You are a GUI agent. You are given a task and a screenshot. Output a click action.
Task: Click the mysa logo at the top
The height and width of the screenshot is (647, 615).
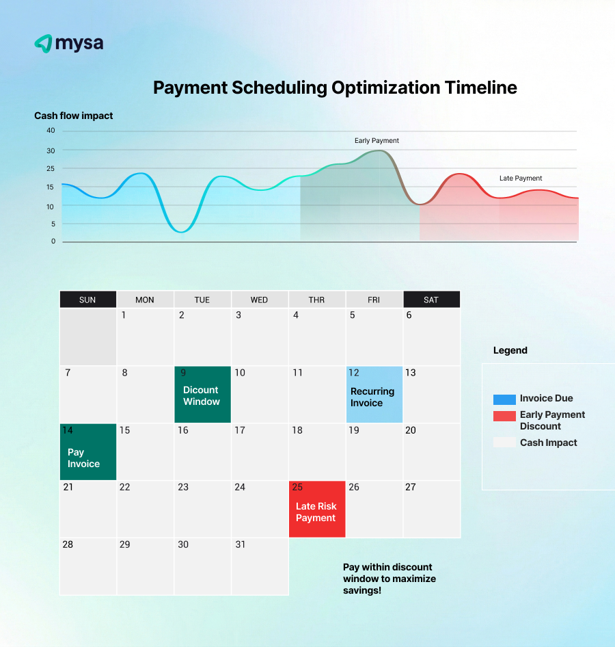(x=68, y=44)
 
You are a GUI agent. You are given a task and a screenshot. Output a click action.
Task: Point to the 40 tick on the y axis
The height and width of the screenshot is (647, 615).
(x=51, y=131)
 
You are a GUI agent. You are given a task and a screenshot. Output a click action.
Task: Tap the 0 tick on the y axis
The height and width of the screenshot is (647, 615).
(x=53, y=241)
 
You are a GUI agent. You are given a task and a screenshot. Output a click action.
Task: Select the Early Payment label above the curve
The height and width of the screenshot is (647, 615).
(x=377, y=141)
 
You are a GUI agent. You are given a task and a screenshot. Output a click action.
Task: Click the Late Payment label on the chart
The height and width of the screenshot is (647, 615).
(x=521, y=179)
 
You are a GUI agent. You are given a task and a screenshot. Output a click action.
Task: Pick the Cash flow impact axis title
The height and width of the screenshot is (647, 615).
(x=74, y=116)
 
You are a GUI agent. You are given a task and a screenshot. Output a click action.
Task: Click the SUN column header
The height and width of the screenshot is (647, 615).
(x=87, y=300)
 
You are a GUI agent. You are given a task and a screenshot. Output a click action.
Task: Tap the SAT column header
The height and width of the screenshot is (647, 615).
(x=431, y=300)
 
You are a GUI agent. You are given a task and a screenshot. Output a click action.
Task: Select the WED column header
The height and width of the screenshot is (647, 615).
(x=259, y=300)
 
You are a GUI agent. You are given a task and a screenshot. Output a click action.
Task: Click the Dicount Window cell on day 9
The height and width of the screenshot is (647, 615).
(x=202, y=395)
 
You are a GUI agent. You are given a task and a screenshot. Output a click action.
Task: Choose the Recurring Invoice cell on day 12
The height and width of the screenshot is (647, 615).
(x=374, y=395)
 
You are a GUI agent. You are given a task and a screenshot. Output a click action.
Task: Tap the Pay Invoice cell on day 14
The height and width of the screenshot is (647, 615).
(x=87, y=453)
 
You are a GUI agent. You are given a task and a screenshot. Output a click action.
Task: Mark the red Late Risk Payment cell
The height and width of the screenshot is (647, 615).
(x=316, y=510)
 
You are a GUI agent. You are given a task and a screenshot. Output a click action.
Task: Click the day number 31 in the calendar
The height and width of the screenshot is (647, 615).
(x=240, y=544)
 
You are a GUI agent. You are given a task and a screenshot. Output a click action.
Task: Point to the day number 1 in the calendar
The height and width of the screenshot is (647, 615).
(x=124, y=315)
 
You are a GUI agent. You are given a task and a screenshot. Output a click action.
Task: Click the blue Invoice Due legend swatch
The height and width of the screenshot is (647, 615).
(x=504, y=399)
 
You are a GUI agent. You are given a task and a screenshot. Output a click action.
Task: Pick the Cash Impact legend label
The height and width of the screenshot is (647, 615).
(x=548, y=443)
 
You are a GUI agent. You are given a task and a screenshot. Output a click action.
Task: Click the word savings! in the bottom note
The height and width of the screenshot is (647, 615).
(x=362, y=590)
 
